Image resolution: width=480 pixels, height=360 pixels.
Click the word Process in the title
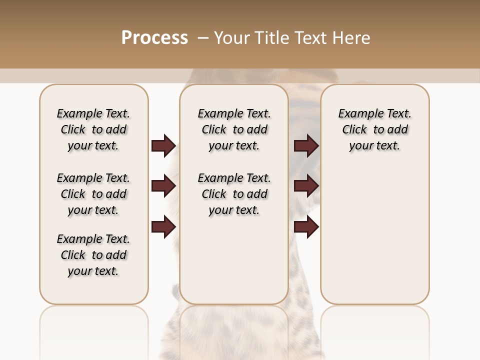154,38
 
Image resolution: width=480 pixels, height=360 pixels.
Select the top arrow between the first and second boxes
163,145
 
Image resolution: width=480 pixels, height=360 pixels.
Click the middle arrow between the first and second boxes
163,186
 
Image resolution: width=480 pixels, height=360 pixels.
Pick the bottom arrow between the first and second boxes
163,227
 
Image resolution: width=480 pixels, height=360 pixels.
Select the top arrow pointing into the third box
306,145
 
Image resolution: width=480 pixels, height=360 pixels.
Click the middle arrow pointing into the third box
306,186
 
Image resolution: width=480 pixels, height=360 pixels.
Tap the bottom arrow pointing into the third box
306,227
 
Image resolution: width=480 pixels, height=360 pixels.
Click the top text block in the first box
93,129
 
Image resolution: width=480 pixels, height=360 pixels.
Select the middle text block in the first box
93,194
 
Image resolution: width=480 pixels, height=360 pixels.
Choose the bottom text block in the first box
93,255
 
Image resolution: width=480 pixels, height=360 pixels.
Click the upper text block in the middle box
234,129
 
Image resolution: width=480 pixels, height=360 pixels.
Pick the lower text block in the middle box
234,194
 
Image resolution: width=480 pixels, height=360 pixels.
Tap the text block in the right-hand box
374,129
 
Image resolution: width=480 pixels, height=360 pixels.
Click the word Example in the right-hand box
357,114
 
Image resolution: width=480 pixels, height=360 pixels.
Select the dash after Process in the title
202,38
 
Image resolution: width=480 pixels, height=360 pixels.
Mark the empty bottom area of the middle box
234,265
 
